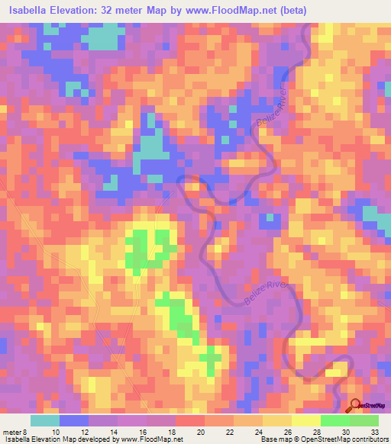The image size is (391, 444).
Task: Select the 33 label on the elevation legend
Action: coord(373,432)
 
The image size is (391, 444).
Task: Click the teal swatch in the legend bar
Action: coord(45,420)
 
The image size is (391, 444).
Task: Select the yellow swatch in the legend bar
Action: coord(277,420)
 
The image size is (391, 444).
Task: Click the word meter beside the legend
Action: coord(12,432)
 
